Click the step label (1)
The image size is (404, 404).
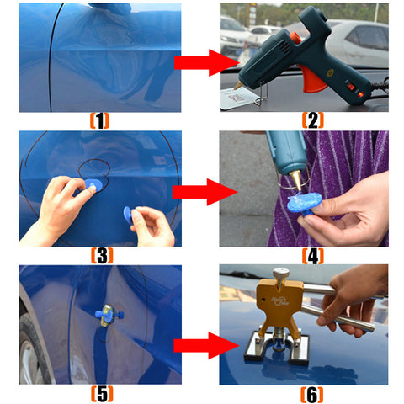click(x=99, y=121)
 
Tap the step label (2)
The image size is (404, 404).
click(x=313, y=120)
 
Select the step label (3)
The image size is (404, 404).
click(x=102, y=256)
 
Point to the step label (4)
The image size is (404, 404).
click(x=313, y=256)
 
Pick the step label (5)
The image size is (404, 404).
click(x=102, y=394)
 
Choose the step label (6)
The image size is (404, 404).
click(x=311, y=395)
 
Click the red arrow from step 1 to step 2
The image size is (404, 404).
click(x=206, y=63)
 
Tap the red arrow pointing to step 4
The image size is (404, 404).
click(x=205, y=192)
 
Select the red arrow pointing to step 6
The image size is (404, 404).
click(x=206, y=345)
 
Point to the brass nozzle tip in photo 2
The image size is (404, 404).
click(x=238, y=85)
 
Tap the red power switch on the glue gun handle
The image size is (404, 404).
click(x=351, y=87)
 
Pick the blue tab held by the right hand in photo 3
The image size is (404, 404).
click(x=128, y=215)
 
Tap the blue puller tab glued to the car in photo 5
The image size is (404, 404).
click(x=109, y=315)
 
